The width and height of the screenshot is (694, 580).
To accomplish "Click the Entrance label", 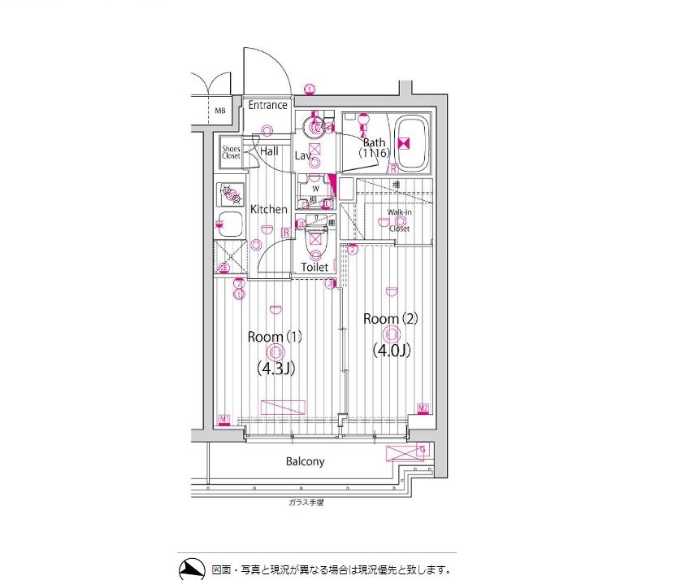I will (x=267, y=105).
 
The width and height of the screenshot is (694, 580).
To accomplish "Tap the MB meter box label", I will (x=220, y=110).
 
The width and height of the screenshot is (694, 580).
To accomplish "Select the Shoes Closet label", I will (x=232, y=152).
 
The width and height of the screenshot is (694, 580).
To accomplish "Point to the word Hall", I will (x=269, y=151).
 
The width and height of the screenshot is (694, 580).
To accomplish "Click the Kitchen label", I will (x=268, y=209).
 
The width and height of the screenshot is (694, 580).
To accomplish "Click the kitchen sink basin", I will (x=231, y=223).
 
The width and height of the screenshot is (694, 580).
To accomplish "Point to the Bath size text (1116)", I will (x=375, y=153).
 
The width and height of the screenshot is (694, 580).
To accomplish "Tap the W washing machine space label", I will (x=315, y=187).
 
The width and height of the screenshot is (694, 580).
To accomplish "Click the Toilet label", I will (x=314, y=267).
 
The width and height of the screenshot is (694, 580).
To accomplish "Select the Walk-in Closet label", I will (x=398, y=220).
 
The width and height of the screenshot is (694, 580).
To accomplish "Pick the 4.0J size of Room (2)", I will (x=391, y=351).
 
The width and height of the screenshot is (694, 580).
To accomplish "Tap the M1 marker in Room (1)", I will (x=224, y=420).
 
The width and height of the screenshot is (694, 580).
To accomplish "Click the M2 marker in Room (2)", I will (x=423, y=408).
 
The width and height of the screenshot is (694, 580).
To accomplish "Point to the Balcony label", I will (x=305, y=461).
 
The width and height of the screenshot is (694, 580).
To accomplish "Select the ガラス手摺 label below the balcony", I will (x=306, y=503).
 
